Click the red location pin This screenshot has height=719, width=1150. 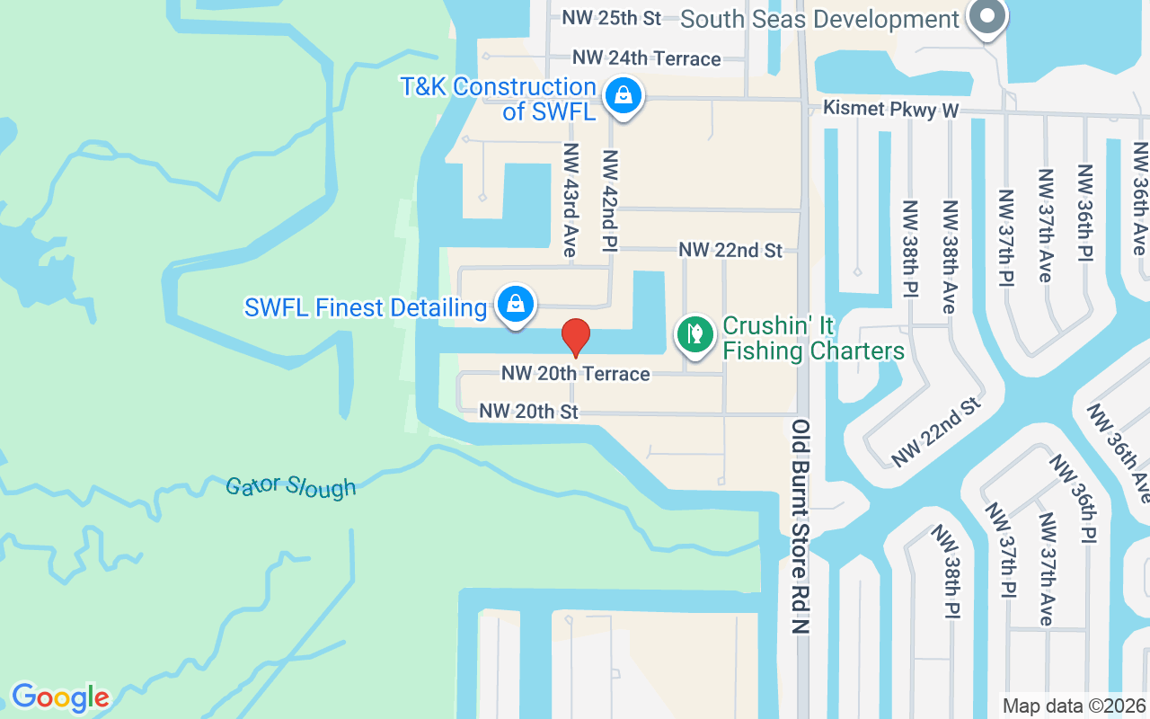point(575,337)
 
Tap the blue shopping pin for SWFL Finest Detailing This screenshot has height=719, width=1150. point(516,305)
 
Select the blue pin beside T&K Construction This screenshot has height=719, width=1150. point(623,94)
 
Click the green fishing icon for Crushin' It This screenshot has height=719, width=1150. point(694,334)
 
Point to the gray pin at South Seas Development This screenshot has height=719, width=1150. point(986,16)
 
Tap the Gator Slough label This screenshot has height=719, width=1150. point(290,487)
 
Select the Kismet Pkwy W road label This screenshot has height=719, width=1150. point(892,110)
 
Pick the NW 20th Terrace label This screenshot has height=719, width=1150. point(575,373)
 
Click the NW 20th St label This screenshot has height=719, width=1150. point(528,412)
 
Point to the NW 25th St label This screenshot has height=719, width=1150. point(611,17)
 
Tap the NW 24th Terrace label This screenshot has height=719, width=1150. point(647,58)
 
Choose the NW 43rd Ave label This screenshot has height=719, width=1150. point(570,199)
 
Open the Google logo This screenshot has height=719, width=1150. point(60,697)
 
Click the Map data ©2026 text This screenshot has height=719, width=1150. point(1075,706)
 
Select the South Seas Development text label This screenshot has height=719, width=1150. point(819,19)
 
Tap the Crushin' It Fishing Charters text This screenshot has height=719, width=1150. point(813,338)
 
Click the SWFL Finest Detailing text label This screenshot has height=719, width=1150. point(365,308)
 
